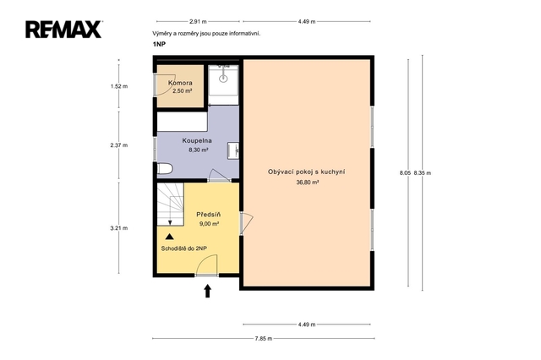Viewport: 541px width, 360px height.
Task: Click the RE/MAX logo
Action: (63, 30)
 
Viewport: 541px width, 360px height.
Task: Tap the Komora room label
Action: (180, 83)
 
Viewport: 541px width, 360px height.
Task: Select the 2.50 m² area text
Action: (183, 91)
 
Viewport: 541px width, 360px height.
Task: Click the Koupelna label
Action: (197, 140)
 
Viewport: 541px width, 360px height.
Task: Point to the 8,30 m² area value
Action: (199, 150)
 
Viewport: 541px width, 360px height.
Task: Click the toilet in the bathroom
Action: (165, 169)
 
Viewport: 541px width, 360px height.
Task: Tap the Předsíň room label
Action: (209, 215)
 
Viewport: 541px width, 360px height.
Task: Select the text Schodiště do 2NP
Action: (184, 248)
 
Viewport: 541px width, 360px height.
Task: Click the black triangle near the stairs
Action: (169, 237)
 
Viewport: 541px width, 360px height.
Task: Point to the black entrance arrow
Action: (207, 291)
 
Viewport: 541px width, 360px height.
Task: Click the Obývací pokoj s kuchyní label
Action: (307, 172)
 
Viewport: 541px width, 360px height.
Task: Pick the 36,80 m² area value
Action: (308, 183)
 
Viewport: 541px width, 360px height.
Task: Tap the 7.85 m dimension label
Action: (264, 339)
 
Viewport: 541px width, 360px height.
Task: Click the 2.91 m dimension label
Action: (198, 21)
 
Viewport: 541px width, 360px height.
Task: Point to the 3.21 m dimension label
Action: (119, 228)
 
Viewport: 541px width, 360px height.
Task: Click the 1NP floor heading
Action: (159, 45)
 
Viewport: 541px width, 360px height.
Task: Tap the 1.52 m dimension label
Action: (119, 86)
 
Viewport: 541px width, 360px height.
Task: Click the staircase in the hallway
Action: (171, 205)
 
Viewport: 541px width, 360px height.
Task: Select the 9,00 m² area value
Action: (209, 224)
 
